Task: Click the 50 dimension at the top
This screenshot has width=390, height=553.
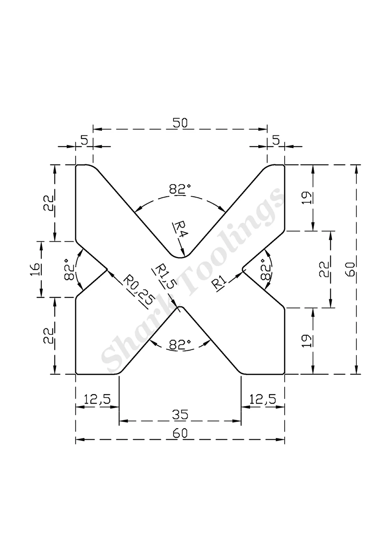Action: pos(180,123)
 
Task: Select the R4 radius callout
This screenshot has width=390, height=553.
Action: pos(180,229)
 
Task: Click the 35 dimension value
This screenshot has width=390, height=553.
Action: pos(180,414)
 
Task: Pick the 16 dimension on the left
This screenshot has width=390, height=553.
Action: pos(35,269)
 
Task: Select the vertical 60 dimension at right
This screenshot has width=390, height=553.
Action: pos(351,269)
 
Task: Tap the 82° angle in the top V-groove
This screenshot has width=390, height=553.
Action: pos(180,189)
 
